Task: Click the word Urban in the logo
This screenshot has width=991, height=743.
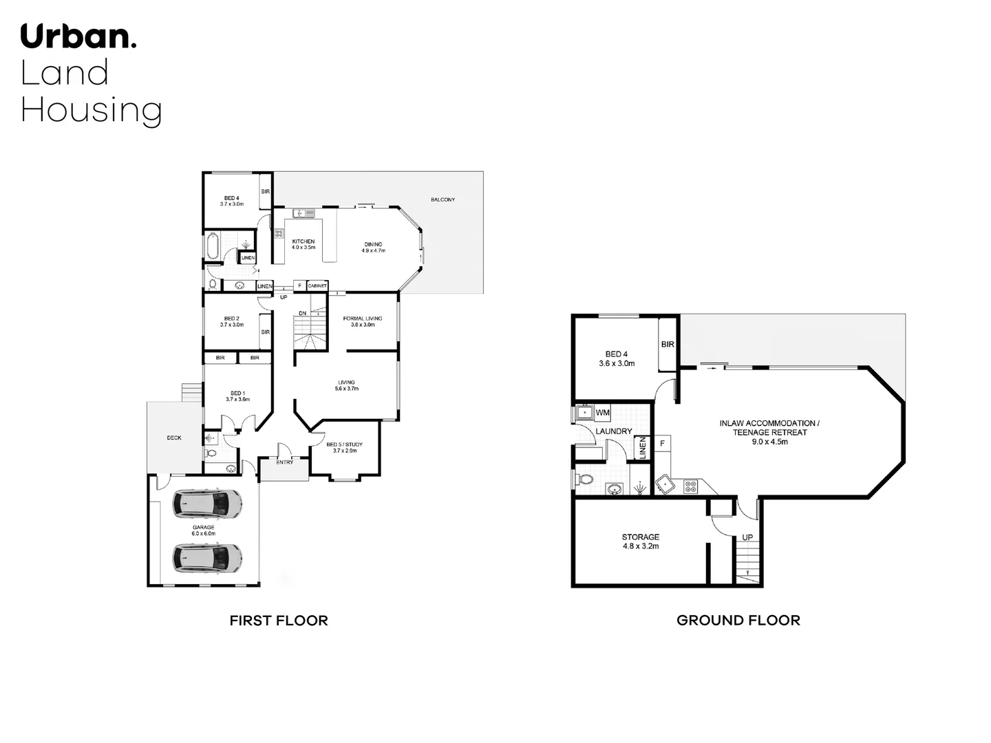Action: click(x=78, y=36)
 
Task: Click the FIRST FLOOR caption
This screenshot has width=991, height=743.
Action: click(x=278, y=621)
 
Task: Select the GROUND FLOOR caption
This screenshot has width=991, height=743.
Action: click(x=738, y=621)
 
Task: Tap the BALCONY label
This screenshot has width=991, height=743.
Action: click(x=443, y=200)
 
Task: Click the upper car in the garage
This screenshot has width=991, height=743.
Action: click(x=206, y=504)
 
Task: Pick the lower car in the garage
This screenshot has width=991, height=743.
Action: click(x=206, y=558)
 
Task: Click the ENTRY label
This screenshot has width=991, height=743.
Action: click(x=285, y=462)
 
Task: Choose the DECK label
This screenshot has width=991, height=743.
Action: click(x=174, y=438)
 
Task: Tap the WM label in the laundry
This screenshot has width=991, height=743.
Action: click(x=602, y=413)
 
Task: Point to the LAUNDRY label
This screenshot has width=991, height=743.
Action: click(x=613, y=431)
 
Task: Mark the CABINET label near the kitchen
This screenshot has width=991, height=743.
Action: click(x=317, y=286)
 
